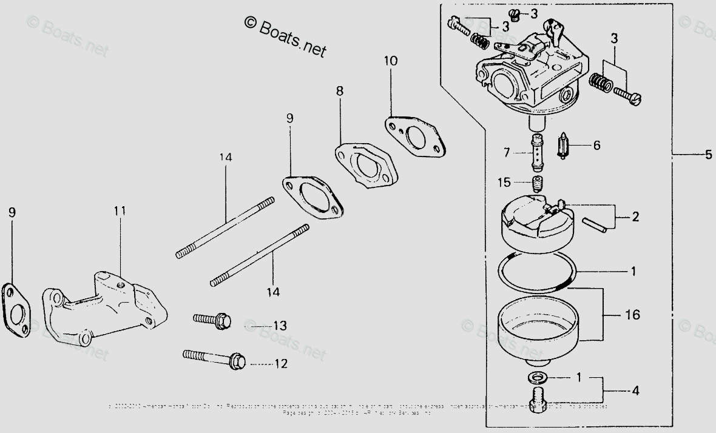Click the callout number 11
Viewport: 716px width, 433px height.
click(120, 211)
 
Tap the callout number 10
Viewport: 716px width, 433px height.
click(391, 61)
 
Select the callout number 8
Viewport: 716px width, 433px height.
click(339, 91)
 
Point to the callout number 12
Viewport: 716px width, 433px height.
click(281, 364)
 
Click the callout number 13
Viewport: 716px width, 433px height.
click(279, 326)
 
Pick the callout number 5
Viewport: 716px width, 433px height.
click(708, 155)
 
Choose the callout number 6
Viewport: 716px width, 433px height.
click(596, 146)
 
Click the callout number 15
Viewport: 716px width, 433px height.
click(505, 181)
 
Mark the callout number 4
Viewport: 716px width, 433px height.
click(635, 391)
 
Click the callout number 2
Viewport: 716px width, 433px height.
click(635, 216)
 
